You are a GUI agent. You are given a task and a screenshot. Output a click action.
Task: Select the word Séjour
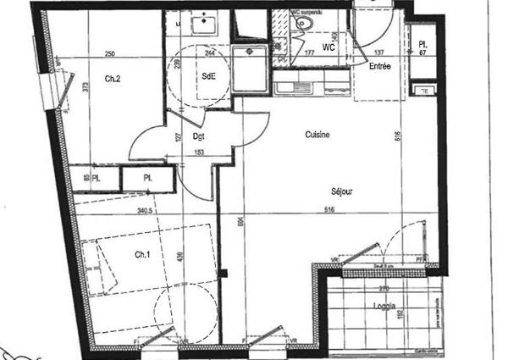340,192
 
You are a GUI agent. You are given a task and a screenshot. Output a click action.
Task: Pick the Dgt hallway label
200,136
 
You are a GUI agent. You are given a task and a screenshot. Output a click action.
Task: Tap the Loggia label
384,307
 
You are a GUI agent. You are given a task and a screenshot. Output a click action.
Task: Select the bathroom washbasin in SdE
204,25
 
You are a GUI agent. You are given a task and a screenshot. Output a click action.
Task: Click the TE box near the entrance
423,90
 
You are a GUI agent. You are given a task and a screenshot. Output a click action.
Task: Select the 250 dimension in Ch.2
109,54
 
